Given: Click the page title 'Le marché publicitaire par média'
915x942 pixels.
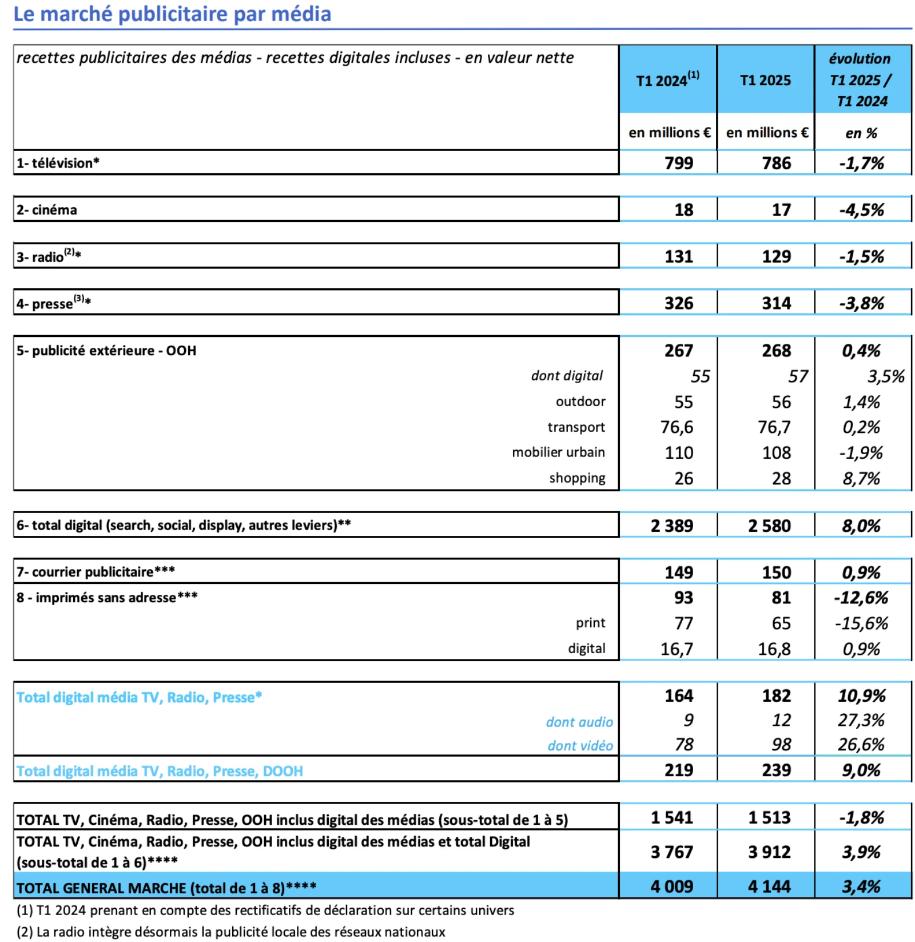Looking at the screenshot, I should coord(172,14).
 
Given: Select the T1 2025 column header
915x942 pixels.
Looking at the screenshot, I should coord(765,81).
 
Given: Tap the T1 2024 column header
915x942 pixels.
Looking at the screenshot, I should coord(667,80).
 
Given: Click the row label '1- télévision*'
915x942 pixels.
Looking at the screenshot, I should coord(58,163).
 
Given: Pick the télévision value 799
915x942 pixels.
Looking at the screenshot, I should coord(678,164).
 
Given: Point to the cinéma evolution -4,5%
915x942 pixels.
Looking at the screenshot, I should coord(861,210).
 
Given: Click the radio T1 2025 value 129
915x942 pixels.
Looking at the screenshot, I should coord(776,257).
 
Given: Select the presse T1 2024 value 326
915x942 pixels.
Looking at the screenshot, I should coord(678,303).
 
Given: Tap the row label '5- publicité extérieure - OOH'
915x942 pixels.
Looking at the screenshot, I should coord(106,351).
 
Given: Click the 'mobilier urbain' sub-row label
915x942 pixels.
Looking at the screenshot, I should coord(558,452).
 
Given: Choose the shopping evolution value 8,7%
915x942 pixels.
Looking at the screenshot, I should coord(861,478).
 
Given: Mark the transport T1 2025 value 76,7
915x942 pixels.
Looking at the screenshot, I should coord(774,427).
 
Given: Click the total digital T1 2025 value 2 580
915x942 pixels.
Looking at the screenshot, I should coord(769,526).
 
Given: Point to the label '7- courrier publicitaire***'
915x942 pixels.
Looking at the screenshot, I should coord(96,572).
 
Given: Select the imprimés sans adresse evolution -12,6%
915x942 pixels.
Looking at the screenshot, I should coord(861,598).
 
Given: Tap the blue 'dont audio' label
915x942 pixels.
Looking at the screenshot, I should coord(579,722).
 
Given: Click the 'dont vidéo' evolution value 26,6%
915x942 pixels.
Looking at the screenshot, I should coord(861,745).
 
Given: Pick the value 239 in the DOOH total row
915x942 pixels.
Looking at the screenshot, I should coord(776,770).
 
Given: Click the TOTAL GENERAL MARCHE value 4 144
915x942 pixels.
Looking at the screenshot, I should coord(769,887).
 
